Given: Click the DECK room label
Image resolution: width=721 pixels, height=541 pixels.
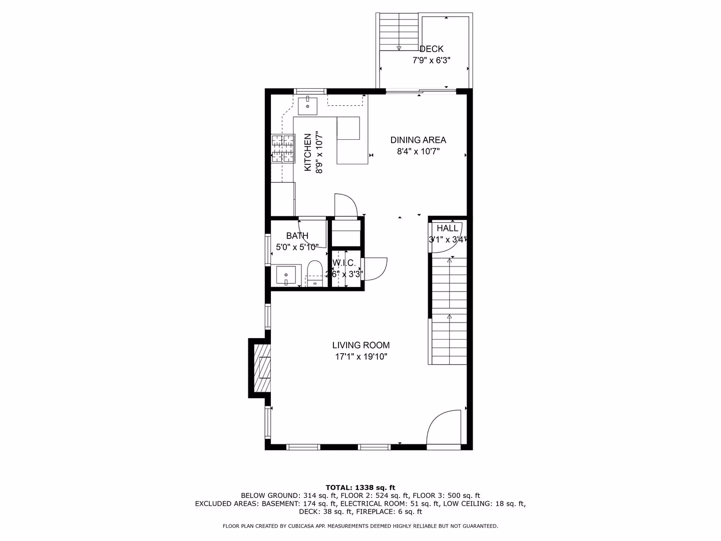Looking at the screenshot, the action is click(x=431, y=49).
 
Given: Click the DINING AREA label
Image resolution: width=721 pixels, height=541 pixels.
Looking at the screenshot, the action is click(x=418, y=140).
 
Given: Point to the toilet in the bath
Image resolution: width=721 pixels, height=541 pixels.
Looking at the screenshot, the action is click(x=314, y=274).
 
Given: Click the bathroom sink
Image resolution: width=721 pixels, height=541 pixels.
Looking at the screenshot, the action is click(x=285, y=276).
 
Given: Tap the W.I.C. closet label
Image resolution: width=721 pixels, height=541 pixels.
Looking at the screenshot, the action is click(x=344, y=263).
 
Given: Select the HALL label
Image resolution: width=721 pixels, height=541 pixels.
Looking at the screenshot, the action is click(x=448, y=228).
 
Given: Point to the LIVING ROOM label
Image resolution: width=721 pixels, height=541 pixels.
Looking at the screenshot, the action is click(x=360, y=345).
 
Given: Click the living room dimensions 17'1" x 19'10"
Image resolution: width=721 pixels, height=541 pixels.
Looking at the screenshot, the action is click(x=361, y=357).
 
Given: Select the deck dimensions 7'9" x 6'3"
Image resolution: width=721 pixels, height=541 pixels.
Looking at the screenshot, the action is click(x=431, y=61).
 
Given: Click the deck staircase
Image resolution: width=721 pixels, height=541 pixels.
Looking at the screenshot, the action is click(x=399, y=32).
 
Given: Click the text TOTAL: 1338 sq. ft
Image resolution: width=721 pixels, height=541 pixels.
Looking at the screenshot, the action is click(x=360, y=487).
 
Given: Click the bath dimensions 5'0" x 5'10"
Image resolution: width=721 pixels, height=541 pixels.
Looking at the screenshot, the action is click(x=297, y=247).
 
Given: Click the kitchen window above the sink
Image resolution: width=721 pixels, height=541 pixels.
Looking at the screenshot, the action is click(x=310, y=91).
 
